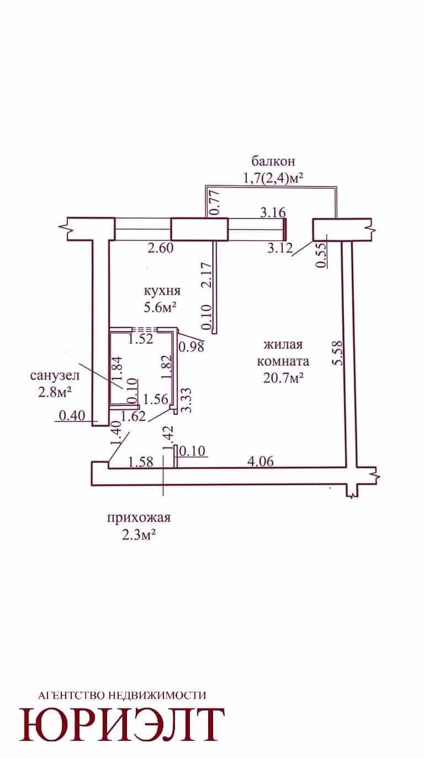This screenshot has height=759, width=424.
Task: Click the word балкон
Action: click(273, 161)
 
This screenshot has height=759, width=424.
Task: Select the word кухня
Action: click(162, 291)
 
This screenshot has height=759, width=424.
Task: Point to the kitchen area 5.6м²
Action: click(161, 308)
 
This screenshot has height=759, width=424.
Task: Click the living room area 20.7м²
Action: click(283, 377)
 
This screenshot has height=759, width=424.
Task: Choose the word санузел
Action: click(55, 376)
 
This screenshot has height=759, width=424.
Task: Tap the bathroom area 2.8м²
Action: click(55, 392)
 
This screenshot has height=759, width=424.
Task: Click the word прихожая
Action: click(139, 518)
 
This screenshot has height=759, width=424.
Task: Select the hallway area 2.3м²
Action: click(139, 535)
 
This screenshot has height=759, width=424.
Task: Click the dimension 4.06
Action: click(260, 461)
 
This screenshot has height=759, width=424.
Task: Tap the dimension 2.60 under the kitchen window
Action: click(161, 248)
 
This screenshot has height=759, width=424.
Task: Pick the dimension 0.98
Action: click(192, 346)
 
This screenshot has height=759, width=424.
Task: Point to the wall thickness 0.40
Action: click(72, 415)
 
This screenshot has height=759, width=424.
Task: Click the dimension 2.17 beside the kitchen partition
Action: click(207, 275)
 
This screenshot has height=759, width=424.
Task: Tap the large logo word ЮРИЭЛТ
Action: click(122, 724)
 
